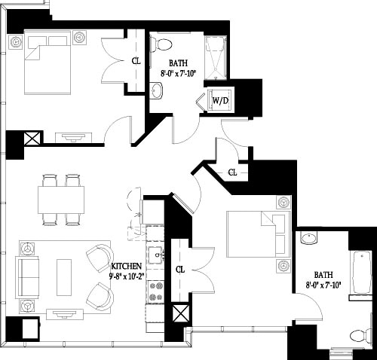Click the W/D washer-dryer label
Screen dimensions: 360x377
[x=220, y=99]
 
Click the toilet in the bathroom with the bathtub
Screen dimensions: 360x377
[x=360, y=334]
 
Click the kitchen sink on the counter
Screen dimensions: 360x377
[x=155, y=254]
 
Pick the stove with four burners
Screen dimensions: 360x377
[x=156, y=292]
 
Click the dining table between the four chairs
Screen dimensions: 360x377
[x=61, y=200]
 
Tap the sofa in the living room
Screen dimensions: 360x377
[x=28, y=276]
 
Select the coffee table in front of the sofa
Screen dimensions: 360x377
[x=64, y=276]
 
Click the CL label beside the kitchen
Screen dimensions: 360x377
[x=180, y=269]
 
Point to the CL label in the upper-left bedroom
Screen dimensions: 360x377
[x=136, y=62]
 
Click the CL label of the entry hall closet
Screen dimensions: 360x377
[x=232, y=172]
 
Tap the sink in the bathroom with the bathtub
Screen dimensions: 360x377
[x=308, y=239]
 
